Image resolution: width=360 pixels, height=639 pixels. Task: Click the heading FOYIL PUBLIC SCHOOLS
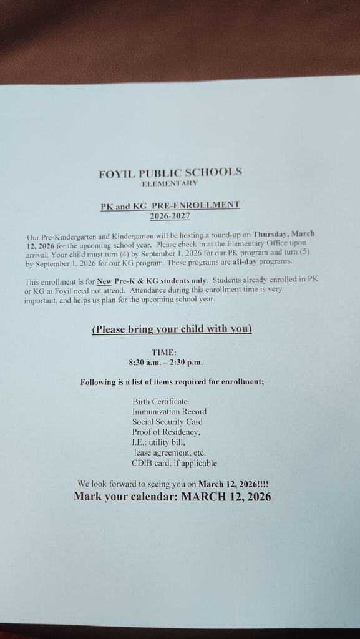170,173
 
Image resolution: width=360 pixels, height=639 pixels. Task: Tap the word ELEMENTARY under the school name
170,183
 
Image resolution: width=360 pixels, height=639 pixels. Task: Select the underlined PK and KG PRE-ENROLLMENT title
170,205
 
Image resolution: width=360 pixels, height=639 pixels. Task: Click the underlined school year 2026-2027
170,217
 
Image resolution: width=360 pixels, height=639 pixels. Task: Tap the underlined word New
104,281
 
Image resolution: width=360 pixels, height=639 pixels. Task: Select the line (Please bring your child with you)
172,329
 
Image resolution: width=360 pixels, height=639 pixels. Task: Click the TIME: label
164,353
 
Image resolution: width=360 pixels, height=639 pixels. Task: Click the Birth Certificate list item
160,401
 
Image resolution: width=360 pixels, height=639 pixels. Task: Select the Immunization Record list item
169,412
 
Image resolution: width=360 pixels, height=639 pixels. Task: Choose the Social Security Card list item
167,422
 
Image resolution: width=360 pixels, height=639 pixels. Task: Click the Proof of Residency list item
166,432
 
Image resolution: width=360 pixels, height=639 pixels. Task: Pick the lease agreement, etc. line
170,452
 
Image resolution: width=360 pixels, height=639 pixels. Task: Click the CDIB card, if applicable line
174,463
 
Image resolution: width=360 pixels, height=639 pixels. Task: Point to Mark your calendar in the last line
125,497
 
